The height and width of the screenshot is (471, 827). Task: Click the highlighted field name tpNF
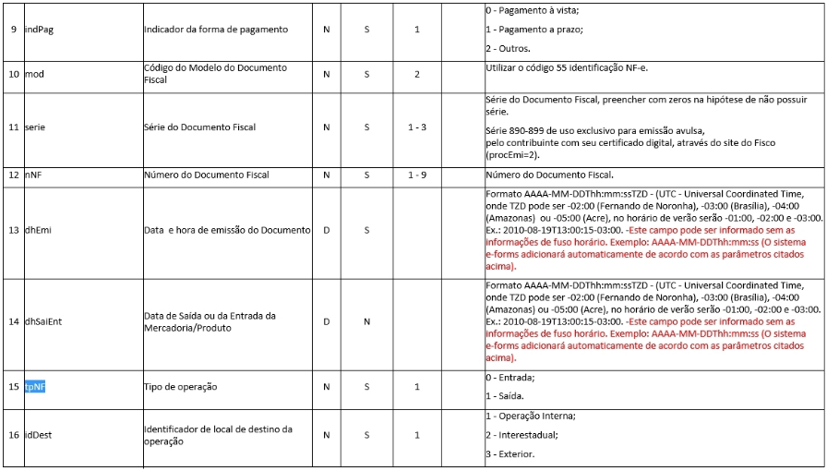click(x=35, y=386)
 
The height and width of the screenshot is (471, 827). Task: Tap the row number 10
click(x=14, y=74)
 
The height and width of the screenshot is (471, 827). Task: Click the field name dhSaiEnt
click(x=45, y=321)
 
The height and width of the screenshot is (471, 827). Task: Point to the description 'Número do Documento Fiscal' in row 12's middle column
click(x=207, y=175)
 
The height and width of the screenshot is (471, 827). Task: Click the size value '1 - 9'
click(x=416, y=175)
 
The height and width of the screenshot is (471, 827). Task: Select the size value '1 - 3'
click(x=416, y=127)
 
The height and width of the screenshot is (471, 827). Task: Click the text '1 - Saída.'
click(x=507, y=395)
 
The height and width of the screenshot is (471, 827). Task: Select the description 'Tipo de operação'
click(x=181, y=386)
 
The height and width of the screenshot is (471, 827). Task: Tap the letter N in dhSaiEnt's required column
click(x=366, y=321)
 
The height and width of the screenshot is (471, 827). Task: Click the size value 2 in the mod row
click(x=416, y=74)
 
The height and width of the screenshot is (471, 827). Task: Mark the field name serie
click(x=35, y=127)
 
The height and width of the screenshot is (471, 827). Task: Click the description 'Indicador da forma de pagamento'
click(x=216, y=30)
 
